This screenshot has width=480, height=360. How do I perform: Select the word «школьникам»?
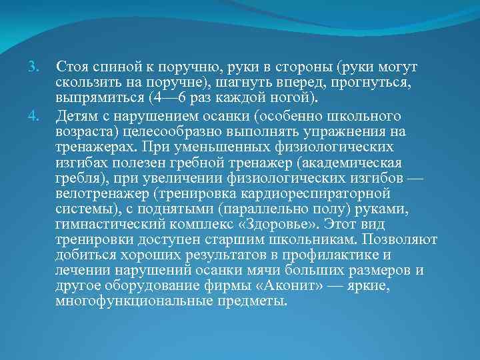(309, 240)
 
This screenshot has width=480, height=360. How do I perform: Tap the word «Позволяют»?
(400, 240)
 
